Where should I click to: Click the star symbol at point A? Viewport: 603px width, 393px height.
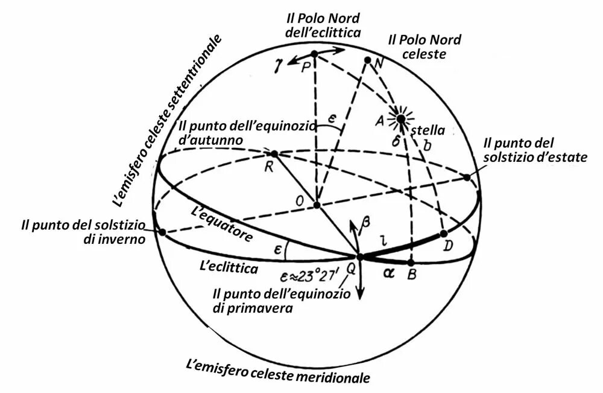(400, 118)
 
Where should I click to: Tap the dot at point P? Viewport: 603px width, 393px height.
(314, 54)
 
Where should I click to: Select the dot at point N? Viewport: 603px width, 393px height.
(367, 60)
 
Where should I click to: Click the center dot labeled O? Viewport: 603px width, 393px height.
(317, 205)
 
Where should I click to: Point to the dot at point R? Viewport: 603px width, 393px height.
(274, 153)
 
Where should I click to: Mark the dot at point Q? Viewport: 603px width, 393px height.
(360, 257)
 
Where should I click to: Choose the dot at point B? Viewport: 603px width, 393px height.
(411, 263)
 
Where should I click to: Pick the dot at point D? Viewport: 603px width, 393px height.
(444, 234)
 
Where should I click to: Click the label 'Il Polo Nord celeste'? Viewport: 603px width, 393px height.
(425, 47)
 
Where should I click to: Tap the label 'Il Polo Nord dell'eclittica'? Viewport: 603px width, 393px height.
(323, 26)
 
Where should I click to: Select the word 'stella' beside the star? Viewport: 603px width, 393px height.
(428, 130)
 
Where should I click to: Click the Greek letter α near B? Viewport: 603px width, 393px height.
(390, 273)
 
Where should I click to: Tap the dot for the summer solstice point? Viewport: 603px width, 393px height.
(467, 177)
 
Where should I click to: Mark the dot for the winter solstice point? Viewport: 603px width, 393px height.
(162, 232)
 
